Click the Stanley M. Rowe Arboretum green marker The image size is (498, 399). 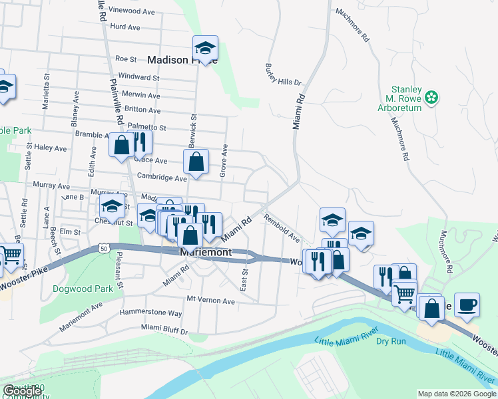431,98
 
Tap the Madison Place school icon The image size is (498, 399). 205,48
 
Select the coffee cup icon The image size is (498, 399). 467,304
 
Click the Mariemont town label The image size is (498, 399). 206,253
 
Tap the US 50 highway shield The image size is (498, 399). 103,247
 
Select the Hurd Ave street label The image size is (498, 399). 125,27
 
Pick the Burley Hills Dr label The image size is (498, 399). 283,74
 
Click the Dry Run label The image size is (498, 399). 391,341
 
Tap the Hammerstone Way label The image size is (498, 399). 150,313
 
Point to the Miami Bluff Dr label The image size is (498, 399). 164,329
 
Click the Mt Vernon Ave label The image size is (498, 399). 211,301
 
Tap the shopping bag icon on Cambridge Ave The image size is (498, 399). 196,162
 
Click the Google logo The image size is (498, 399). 22,391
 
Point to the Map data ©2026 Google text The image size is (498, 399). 457,394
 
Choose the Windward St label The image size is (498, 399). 138,78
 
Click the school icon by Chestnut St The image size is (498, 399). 112,207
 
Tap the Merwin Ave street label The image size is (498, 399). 142,95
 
